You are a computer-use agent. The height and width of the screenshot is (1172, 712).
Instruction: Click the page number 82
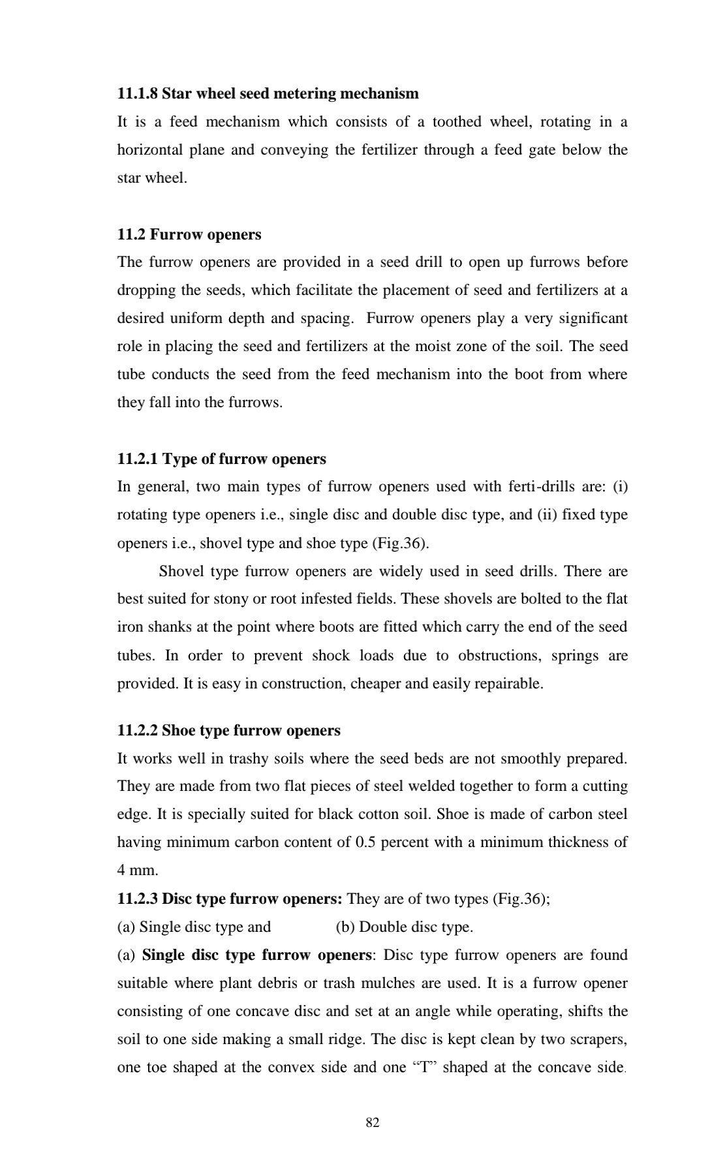[x=373, y=1122]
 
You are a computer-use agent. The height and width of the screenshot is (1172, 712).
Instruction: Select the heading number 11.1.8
[x=137, y=94]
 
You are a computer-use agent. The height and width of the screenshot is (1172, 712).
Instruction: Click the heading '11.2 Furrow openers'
[x=189, y=234]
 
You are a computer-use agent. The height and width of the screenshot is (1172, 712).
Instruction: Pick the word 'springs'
[x=574, y=655]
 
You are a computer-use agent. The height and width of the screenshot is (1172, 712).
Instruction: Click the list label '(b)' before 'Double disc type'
[x=345, y=927]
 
